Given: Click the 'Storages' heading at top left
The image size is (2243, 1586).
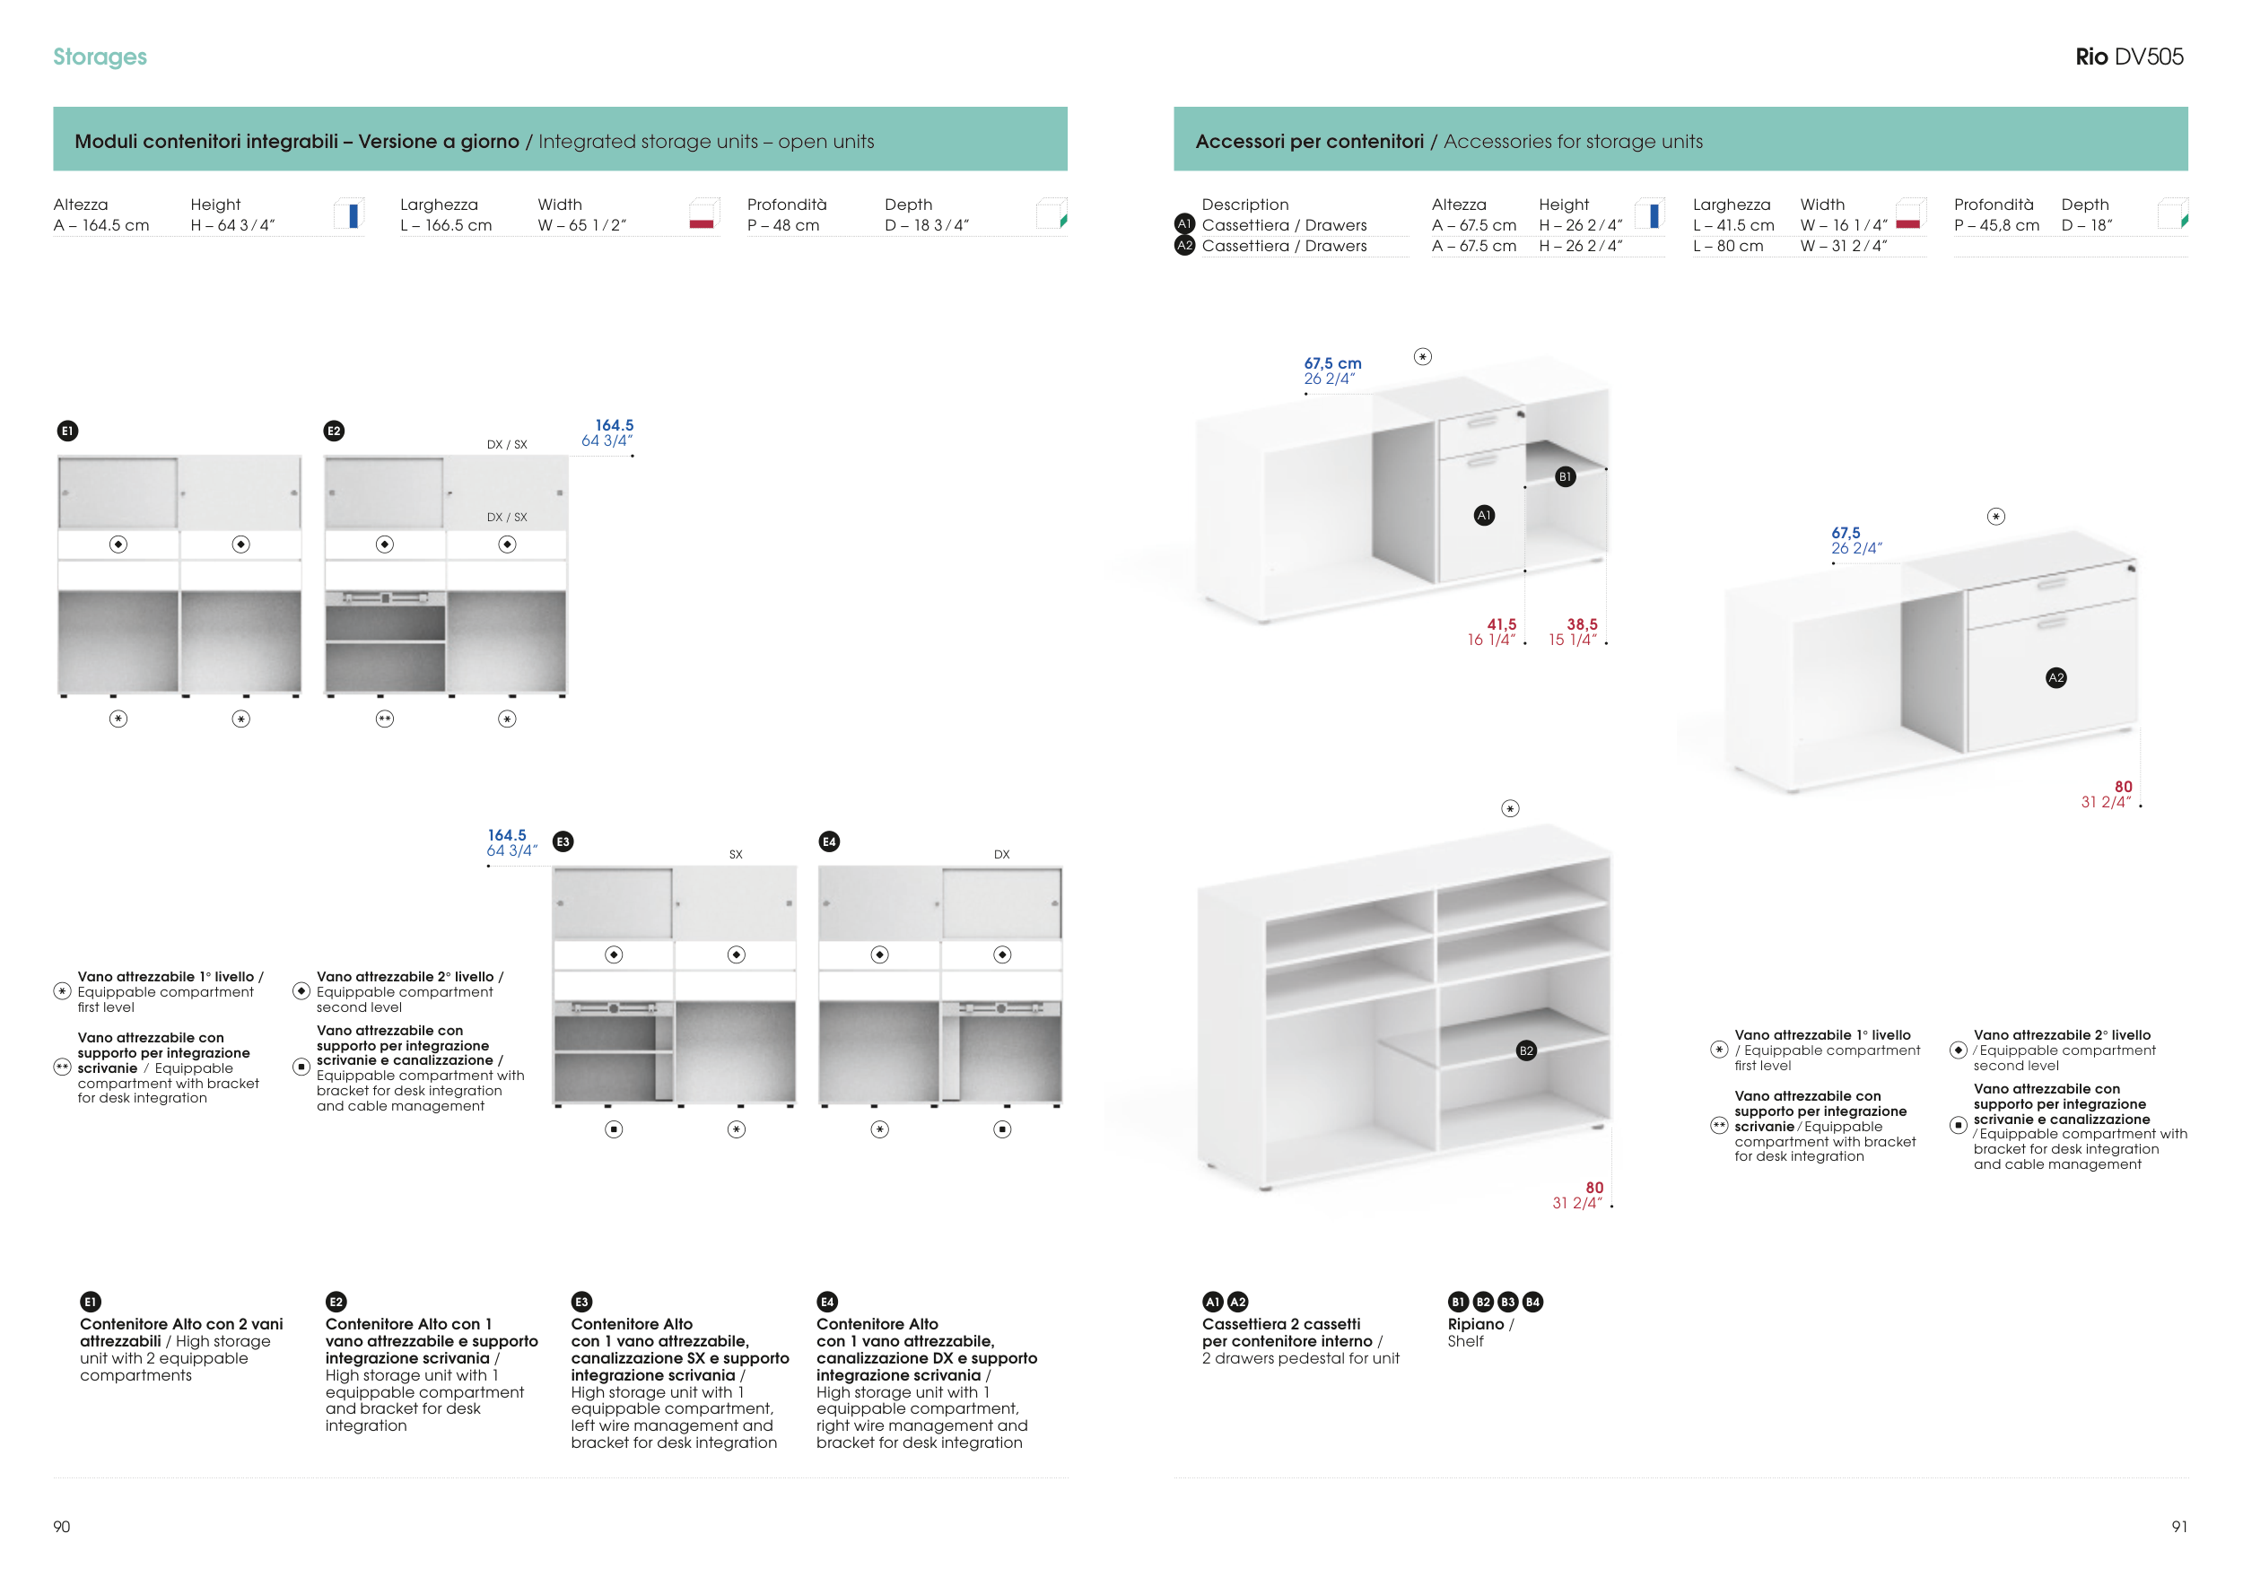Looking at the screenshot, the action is pyautogui.click(x=100, y=57).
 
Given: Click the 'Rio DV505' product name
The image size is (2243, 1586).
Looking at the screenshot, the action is pyautogui.click(x=2129, y=57).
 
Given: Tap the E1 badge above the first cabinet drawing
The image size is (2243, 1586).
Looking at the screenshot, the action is pyautogui.click(x=67, y=431).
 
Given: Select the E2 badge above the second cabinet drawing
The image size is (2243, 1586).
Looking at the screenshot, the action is pyautogui.click(x=334, y=431).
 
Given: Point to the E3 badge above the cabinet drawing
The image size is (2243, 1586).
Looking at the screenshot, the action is pyautogui.click(x=563, y=841).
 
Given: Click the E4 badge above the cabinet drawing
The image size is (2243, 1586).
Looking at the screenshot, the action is pyautogui.click(x=829, y=841).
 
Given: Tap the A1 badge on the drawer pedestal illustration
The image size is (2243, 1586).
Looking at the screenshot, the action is pyautogui.click(x=1484, y=515).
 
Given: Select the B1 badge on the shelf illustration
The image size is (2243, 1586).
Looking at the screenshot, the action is pyautogui.click(x=1565, y=476).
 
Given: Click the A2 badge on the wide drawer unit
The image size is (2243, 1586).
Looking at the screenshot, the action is pyautogui.click(x=2056, y=678).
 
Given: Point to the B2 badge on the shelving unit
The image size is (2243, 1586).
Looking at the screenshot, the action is pyautogui.click(x=1526, y=1050).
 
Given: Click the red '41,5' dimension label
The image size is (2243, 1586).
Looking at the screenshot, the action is pyautogui.click(x=1502, y=624).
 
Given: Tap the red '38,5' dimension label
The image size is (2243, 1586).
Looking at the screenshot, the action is pyautogui.click(x=1583, y=624).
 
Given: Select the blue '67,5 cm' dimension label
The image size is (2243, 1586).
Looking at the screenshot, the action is pyautogui.click(x=1332, y=363).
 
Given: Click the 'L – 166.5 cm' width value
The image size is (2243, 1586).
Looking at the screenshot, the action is pyautogui.click(x=446, y=225).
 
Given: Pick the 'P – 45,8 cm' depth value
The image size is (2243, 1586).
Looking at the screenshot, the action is pyautogui.click(x=1997, y=225).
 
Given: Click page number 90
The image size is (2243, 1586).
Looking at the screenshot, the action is pyautogui.click(x=62, y=1527).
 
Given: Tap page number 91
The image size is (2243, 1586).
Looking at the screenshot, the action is pyautogui.click(x=2179, y=1527).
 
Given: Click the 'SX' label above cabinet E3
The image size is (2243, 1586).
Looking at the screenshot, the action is pyautogui.click(x=736, y=855).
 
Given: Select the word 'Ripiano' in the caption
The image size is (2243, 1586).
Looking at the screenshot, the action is pyautogui.click(x=1475, y=1324).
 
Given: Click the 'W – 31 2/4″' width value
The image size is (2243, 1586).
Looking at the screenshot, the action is pyautogui.click(x=1844, y=246).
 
